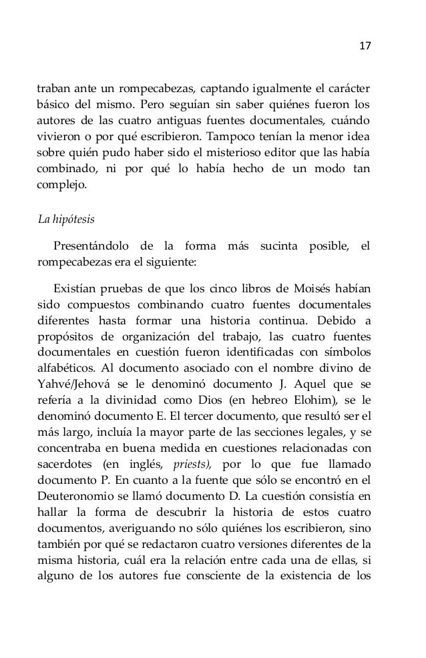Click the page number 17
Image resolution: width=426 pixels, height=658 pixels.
pyautogui.click(x=365, y=46)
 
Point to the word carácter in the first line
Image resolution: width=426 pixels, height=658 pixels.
pyautogui.click(x=348, y=87)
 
